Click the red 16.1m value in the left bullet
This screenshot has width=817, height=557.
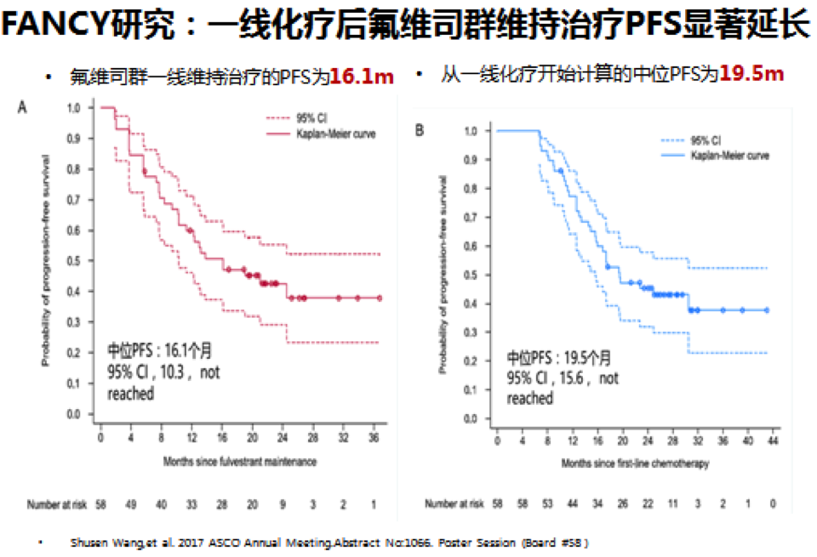pyautogui.click(x=362, y=77)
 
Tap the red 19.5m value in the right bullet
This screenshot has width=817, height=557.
pyautogui.click(x=751, y=75)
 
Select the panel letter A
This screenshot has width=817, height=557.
pyautogui.click(x=23, y=107)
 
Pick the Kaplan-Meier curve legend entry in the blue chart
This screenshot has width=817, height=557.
pyautogui.click(x=730, y=155)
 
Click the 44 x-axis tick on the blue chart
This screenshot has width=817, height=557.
pyautogui.click(x=773, y=440)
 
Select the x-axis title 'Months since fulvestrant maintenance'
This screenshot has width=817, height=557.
pyautogui.click(x=240, y=461)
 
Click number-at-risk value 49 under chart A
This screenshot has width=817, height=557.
pyautogui.click(x=131, y=504)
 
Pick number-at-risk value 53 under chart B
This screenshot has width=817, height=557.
pyautogui.click(x=548, y=503)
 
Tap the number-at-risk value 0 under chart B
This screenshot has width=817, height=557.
pyautogui.click(x=773, y=503)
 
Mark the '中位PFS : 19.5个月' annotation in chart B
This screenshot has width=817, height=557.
pyautogui.click(x=558, y=357)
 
